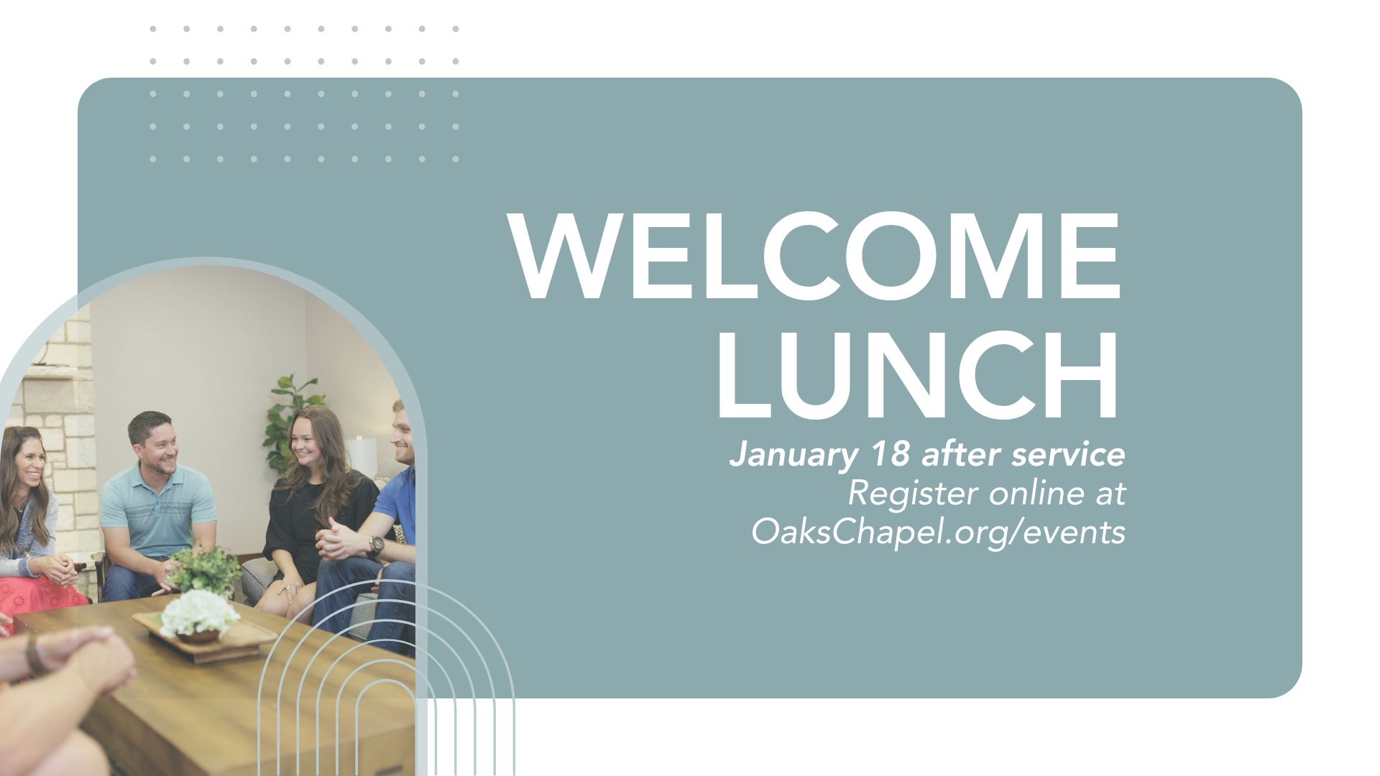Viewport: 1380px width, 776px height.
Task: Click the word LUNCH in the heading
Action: (918, 375)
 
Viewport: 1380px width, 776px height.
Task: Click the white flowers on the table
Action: (199, 612)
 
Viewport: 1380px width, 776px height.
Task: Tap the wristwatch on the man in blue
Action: (375, 546)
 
